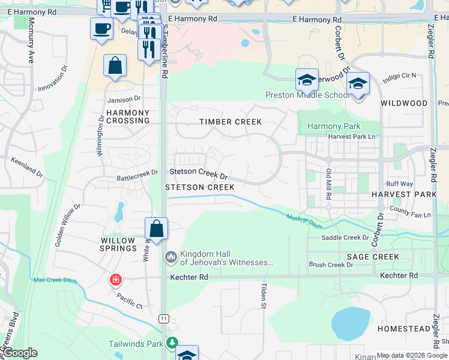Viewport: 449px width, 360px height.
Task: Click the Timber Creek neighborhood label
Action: point(231,122)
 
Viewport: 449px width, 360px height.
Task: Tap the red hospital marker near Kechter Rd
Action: point(115,280)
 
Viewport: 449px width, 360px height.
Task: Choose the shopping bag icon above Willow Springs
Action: point(156,229)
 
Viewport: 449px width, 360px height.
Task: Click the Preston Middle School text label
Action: point(307,95)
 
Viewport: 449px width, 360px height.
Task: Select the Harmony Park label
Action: point(334,126)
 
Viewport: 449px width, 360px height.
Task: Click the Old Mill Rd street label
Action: point(328,181)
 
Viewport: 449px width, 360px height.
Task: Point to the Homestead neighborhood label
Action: point(403,329)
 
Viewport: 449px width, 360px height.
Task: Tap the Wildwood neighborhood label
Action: point(404,103)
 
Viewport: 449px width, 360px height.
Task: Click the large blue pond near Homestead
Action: point(350,323)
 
